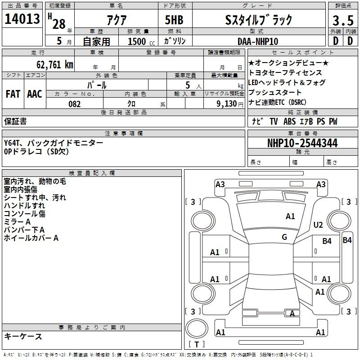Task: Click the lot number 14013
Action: [x=22, y=19]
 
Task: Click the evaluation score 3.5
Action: [x=343, y=20]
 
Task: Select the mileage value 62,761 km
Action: [x=54, y=65]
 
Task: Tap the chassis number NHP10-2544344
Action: [x=302, y=143]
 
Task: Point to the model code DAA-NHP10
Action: [x=258, y=41]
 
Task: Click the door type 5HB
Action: [x=174, y=20]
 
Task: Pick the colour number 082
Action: [x=75, y=104]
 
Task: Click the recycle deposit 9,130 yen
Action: [x=229, y=104]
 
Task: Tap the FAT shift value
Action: [x=13, y=94]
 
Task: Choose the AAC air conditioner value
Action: [x=35, y=94]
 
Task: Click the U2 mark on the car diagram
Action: [x=318, y=225]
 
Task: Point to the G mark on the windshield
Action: [x=284, y=237]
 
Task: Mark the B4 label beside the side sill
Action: [x=347, y=240]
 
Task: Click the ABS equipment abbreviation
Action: [x=289, y=121]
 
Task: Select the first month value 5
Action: [x=59, y=41]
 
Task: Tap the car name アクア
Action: [x=117, y=20]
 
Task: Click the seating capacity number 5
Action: [x=188, y=85]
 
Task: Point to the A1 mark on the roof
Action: [x=290, y=216]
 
